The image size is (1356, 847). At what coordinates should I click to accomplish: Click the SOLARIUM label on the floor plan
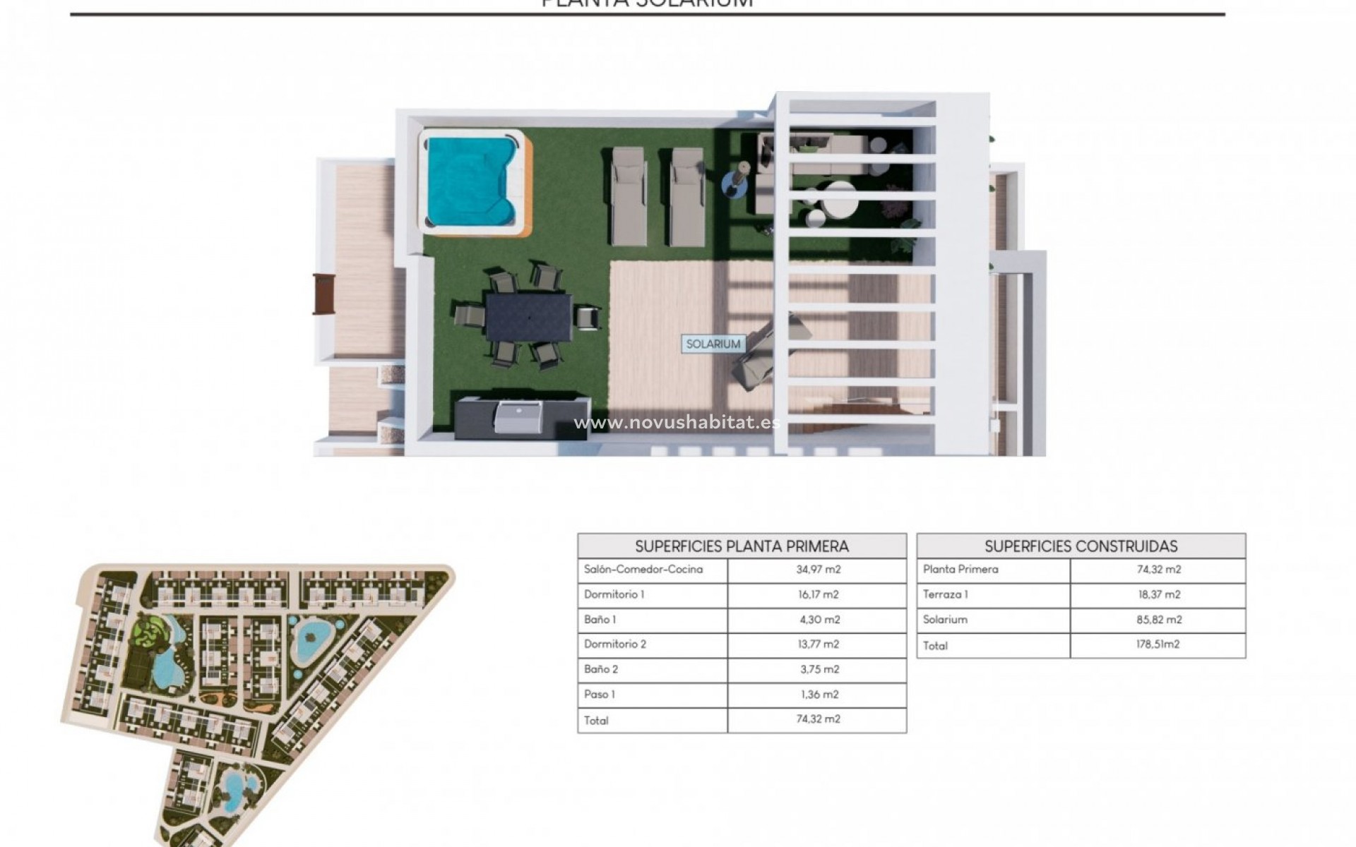coord(713,344)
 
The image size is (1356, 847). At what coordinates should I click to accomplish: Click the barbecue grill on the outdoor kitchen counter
coord(519,417)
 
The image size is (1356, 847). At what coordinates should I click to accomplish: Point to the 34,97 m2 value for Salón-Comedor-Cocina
coord(818,570)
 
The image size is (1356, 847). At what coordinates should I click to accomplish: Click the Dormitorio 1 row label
coord(614,594)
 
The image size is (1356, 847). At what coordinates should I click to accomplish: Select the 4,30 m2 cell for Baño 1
coord(819,620)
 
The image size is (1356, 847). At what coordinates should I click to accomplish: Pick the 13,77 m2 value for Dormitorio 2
coord(818,644)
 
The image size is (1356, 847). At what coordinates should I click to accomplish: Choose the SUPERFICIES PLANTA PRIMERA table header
coord(742,546)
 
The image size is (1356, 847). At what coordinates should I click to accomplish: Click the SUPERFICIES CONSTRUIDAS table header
coord(1081,546)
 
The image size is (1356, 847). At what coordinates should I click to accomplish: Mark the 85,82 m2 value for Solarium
coord(1159,620)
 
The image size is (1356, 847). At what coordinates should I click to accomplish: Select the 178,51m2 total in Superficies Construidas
coord(1158,644)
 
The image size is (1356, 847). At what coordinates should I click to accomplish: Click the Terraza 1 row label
coord(945,594)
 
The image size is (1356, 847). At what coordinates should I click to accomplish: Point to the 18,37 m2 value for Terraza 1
coord(1159,594)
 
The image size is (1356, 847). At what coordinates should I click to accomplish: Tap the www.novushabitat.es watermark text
coord(677,423)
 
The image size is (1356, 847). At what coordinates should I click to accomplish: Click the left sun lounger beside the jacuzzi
coord(628,196)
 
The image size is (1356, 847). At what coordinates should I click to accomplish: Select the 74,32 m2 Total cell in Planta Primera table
coord(818,719)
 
